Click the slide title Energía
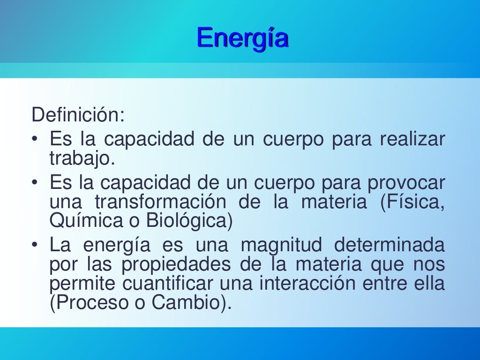click(x=242, y=38)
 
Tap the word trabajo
click(x=82, y=159)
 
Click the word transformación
click(x=157, y=202)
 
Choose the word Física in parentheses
click(x=411, y=202)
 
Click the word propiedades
click(x=176, y=265)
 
